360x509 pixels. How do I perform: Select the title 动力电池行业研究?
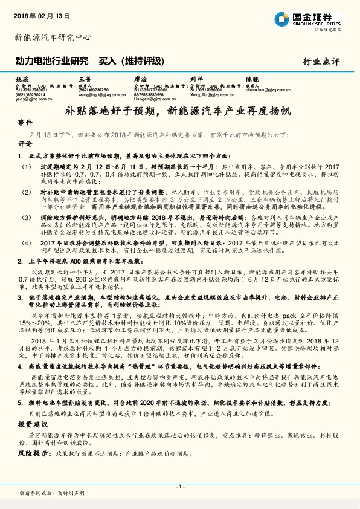click(51, 60)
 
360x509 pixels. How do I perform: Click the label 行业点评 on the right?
click(321, 61)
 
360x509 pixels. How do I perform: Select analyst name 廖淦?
click(140, 79)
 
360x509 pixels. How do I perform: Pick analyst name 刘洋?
click(196, 79)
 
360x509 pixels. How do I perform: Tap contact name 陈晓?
click(252, 79)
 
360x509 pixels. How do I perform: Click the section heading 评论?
click(25, 144)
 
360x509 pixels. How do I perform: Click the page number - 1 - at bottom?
click(179, 486)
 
